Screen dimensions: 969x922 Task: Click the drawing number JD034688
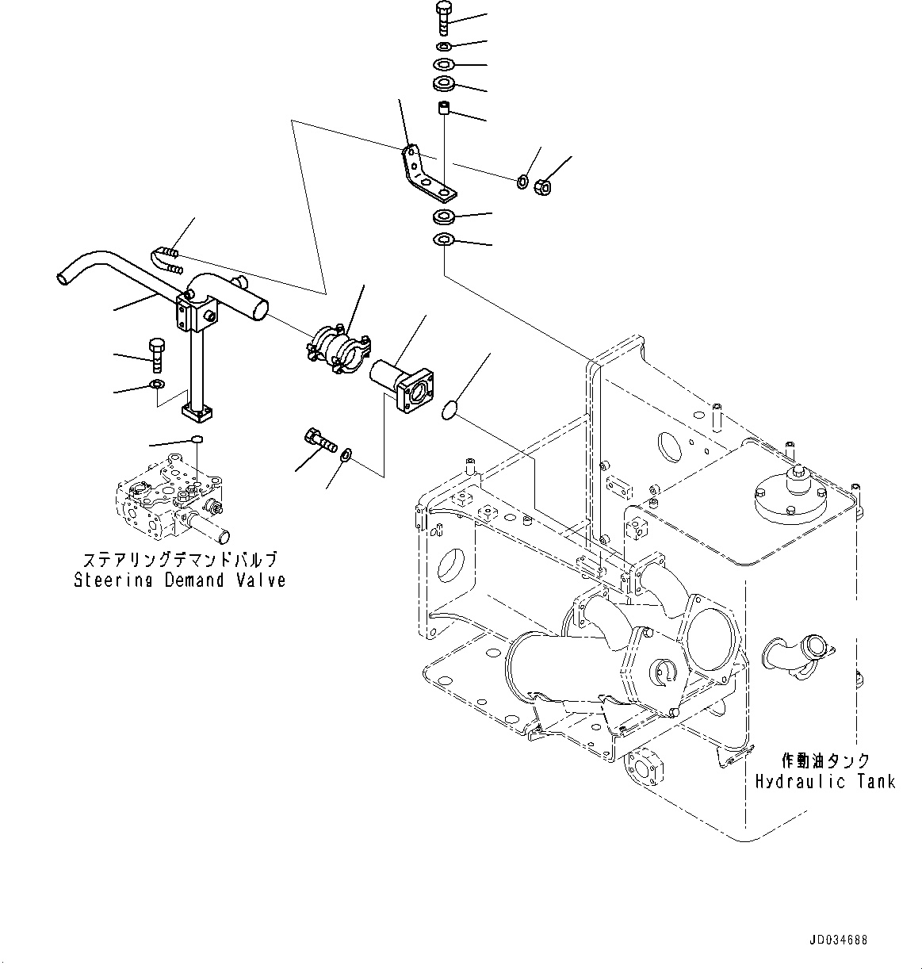(x=838, y=940)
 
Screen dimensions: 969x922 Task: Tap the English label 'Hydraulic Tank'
(x=824, y=781)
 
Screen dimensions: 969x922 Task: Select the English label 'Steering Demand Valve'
(x=180, y=580)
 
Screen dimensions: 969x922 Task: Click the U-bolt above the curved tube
(x=166, y=258)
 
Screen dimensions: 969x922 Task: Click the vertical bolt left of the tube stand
(x=155, y=354)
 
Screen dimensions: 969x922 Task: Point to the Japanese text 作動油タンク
(x=825, y=760)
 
